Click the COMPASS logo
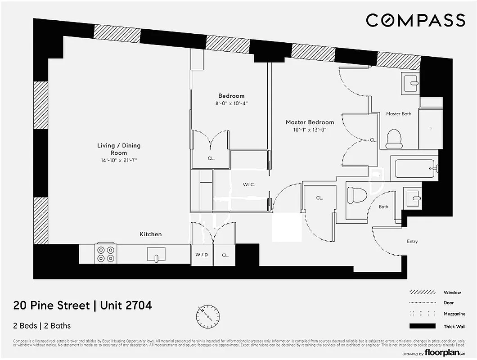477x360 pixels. pyautogui.click(x=415, y=20)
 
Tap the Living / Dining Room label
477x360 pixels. pyautogui.click(x=119, y=149)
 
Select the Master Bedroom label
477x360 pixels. pyautogui.click(x=310, y=122)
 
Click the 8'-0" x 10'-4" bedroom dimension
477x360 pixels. pyautogui.click(x=231, y=103)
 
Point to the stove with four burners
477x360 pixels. pyautogui.click(x=106, y=254)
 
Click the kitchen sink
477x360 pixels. pyautogui.click(x=156, y=255)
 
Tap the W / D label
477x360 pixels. pyautogui.click(x=202, y=255)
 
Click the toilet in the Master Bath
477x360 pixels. pyautogui.click(x=395, y=139)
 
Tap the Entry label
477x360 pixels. pyautogui.click(x=412, y=242)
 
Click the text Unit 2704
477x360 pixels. pyautogui.click(x=125, y=306)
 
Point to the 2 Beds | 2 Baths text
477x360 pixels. pyautogui.click(x=42, y=326)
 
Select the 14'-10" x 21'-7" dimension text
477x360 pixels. pyautogui.click(x=119, y=161)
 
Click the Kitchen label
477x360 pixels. pyautogui.click(x=150, y=234)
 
